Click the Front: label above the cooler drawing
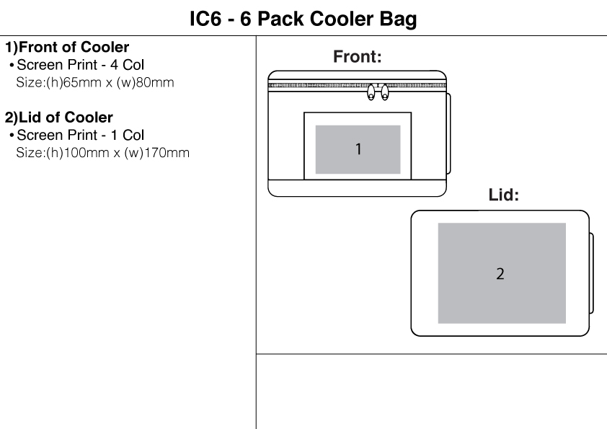(x=357, y=58)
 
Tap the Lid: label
(x=504, y=195)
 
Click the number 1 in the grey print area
(x=358, y=149)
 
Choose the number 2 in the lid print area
(x=500, y=274)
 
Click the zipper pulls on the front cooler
(x=378, y=92)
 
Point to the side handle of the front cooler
(x=449, y=133)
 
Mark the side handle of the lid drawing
(x=591, y=273)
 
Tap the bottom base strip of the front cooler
(x=358, y=187)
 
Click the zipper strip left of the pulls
(x=317, y=86)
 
